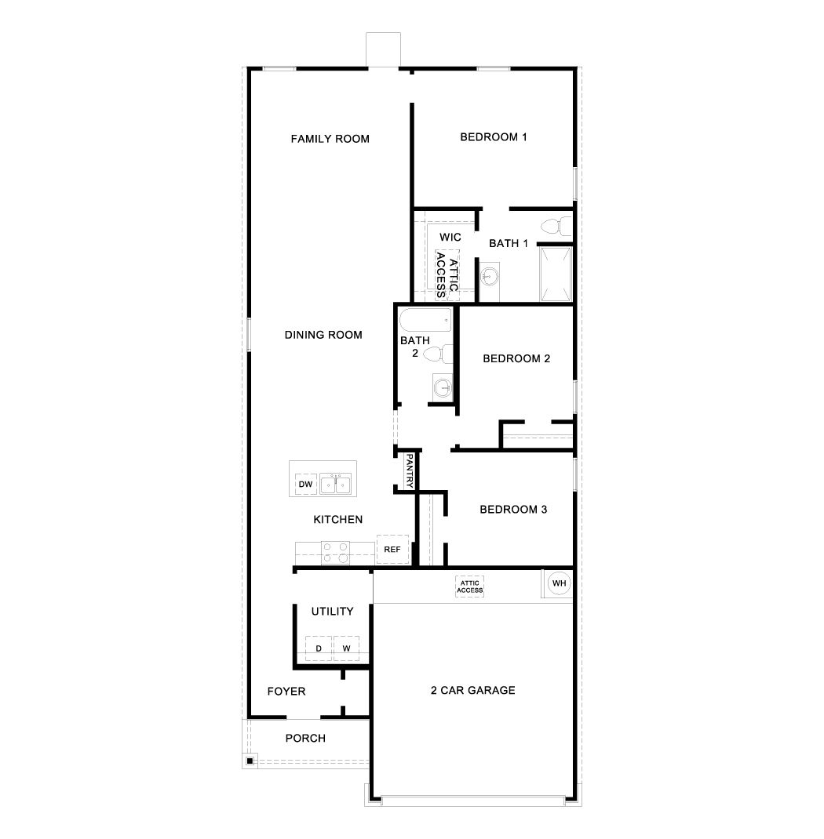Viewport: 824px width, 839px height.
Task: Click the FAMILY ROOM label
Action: pyautogui.click(x=330, y=139)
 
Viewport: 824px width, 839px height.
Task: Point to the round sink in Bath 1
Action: pyautogui.click(x=488, y=276)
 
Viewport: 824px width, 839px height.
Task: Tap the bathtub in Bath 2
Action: pyautogui.click(x=425, y=320)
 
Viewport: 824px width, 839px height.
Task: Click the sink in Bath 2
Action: pyautogui.click(x=443, y=386)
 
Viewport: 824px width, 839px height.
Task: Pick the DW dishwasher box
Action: pyautogui.click(x=305, y=485)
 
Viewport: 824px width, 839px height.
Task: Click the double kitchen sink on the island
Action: pyautogui.click(x=337, y=484)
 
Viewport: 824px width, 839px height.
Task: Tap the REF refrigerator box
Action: pyautogui.click(x=392, y=549)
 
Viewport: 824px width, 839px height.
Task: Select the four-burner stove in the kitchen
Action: pyautogui.click(x=337, y=552)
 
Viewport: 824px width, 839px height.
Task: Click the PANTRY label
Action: pyautogui.click(x=408, y=472)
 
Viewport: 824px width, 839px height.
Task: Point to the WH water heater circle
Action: pyautogui.click(x=559, y=583)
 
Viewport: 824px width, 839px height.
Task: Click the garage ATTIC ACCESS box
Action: pyautogui.click(x=470, y=587)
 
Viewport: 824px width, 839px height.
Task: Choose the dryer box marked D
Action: pyautogui.click(x=319, y=648)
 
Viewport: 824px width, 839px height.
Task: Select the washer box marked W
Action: pyautogui.click(x=346, y=648)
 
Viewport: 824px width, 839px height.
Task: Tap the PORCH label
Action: pyautogui.click(x=305, y=738)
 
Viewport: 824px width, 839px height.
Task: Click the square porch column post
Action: pyautogui.click(x=250, y=760)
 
